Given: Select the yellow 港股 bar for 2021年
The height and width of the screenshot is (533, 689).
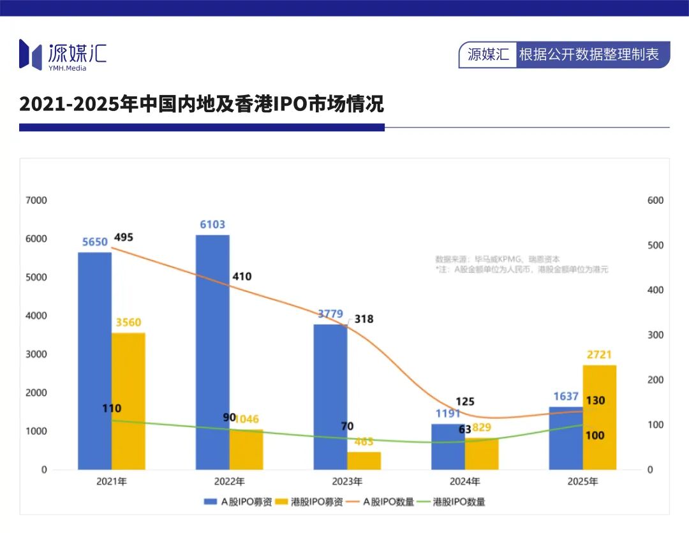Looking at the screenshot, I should (128, 401).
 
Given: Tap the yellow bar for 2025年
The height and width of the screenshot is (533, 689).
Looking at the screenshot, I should (600, 417).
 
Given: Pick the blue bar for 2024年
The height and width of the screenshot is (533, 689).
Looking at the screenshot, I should (448, 446).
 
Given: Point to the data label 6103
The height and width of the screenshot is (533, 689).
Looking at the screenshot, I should (212, 225).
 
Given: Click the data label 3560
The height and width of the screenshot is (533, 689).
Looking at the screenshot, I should (128, 323).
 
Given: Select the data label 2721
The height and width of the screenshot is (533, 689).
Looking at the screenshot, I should (600, 355).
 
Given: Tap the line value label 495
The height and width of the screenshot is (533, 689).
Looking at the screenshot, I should (123, 238).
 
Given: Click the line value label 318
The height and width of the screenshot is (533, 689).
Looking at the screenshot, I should (364, 319).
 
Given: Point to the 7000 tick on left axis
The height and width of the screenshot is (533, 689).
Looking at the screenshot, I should (36, 200).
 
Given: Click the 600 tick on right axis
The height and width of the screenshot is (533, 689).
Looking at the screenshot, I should (655, 200).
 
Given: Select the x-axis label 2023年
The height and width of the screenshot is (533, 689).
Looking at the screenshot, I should (347, 481).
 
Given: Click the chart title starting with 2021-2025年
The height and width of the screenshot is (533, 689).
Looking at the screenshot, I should (202, 104).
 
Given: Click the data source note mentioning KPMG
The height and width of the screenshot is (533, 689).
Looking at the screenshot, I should (498, 259).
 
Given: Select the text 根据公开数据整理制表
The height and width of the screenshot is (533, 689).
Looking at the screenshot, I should (589, 55).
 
